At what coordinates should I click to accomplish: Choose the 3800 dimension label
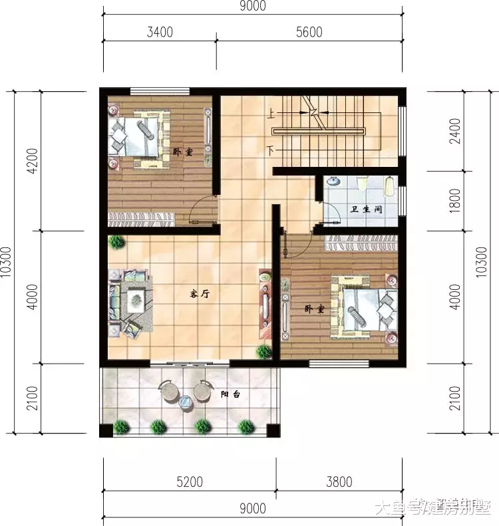click(339, 481)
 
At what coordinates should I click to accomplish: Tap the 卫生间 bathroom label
click(366, 209)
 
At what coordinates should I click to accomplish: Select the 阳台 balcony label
click(230, 394)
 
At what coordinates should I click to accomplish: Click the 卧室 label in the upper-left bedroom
click(182, 152)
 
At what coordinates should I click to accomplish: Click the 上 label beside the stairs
click(271, 114)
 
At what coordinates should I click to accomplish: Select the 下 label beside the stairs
click(271, 150)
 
